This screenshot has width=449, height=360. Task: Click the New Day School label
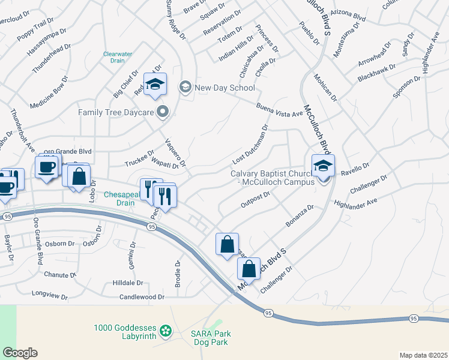coord(225,88)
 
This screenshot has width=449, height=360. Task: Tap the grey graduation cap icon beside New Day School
coord(185,88)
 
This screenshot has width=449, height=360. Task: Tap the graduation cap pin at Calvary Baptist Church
coord(323,166)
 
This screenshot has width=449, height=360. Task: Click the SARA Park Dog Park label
coord(211,338)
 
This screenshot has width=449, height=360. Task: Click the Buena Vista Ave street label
coord(279,109)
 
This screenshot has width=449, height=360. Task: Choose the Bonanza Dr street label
coord(300,216)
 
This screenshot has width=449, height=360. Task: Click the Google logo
coord(20,353)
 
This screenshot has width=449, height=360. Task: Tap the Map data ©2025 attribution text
coord(423,355)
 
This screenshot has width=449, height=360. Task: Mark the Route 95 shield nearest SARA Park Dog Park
coord(268,313)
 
